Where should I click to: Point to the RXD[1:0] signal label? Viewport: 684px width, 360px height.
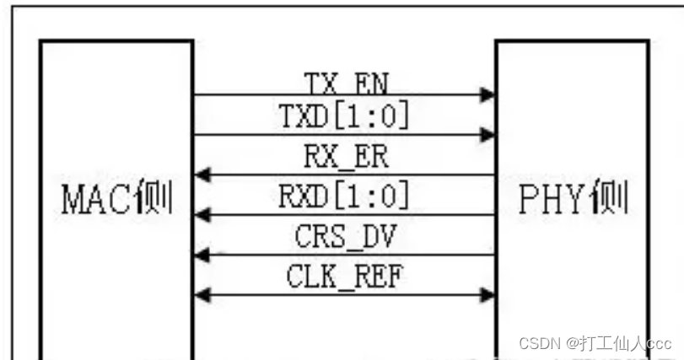[x=344, y=196]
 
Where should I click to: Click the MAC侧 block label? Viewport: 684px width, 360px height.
[x=117, y=199]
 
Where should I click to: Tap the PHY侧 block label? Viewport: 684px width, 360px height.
[x=572, y=199]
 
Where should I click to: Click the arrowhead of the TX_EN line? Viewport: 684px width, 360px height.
[x=487, y=95]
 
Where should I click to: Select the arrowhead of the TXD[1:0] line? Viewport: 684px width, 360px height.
[x=487, y=134]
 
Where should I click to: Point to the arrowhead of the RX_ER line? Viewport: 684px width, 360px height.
[x=202, y=175]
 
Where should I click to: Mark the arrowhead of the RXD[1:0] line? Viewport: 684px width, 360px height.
[x=202, y=215]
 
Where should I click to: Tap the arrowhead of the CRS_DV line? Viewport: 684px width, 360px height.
[x=202, y=255]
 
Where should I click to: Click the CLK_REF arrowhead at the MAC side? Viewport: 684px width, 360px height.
[x=202, y=294]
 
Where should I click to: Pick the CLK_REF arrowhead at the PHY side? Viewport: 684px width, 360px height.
[x=487, y=294]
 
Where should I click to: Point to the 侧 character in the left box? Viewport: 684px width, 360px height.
[x=157, y=199]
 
